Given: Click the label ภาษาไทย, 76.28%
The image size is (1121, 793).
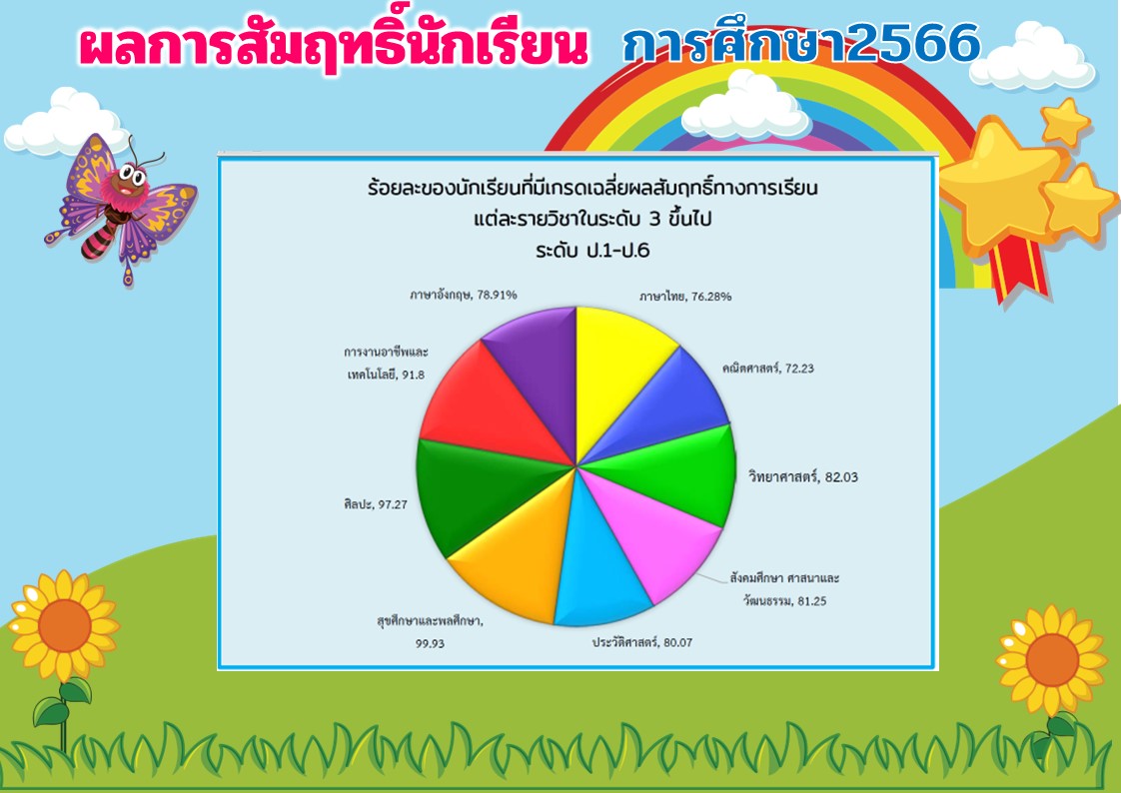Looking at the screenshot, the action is (x=685, y=296).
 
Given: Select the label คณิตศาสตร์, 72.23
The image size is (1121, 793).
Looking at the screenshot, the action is (x=768, y=369).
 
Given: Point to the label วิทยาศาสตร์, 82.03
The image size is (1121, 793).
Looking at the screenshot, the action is (x=803, y=476).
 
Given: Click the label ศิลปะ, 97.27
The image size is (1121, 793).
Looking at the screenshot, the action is (x=376, y=504).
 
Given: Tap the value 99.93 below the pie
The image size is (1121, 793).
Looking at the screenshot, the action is (x=430, y=643).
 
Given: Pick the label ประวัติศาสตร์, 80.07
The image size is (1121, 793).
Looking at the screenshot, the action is (x=642, y=642).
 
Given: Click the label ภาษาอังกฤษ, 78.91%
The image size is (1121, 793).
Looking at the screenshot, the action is (x=464, y=295).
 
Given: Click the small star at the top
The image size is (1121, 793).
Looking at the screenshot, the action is (x=1064, y=122).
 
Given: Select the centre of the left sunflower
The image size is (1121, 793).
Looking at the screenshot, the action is (x=64, y=625).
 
